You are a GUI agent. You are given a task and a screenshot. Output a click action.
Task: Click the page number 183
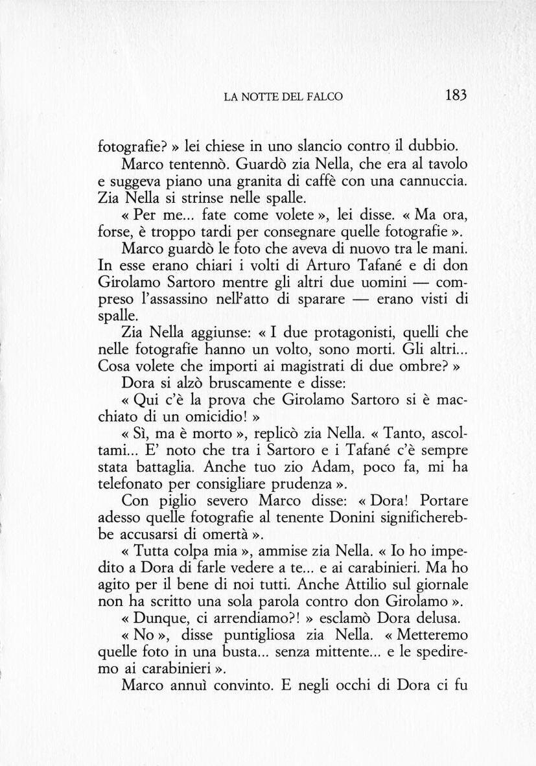click(456, 95)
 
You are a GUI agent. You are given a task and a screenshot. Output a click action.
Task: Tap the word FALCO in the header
click(326, 97)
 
